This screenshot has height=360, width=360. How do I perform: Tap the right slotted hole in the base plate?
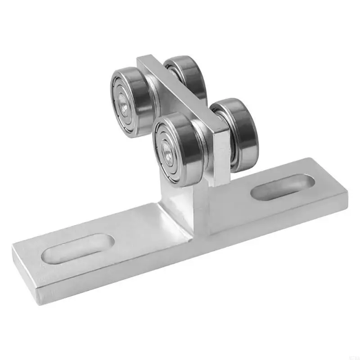pos(282,187)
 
